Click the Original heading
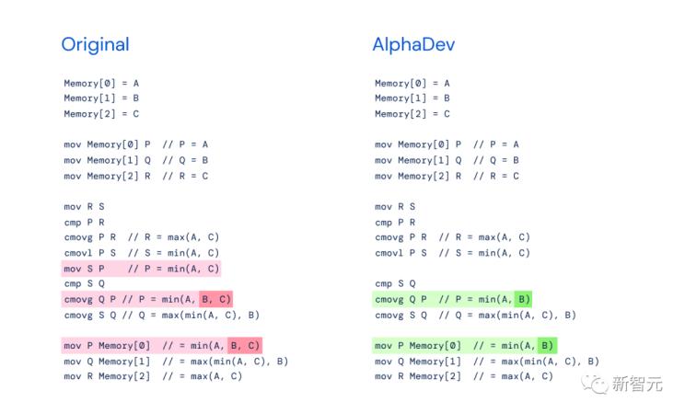click(95, 44)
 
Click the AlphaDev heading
click(413, 44)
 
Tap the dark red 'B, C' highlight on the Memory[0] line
click(244, 346)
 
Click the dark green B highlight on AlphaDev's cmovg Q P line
click(521, 299)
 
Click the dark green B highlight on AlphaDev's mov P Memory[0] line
click(546, 346)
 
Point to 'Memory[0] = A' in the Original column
click(101, 83)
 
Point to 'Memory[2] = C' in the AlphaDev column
click(412, 114)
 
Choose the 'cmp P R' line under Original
click(84, 222)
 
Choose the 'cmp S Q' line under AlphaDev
click(395, 284)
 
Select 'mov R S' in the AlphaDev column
click(395, 207)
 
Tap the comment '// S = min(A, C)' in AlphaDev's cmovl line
click(485, 253)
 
